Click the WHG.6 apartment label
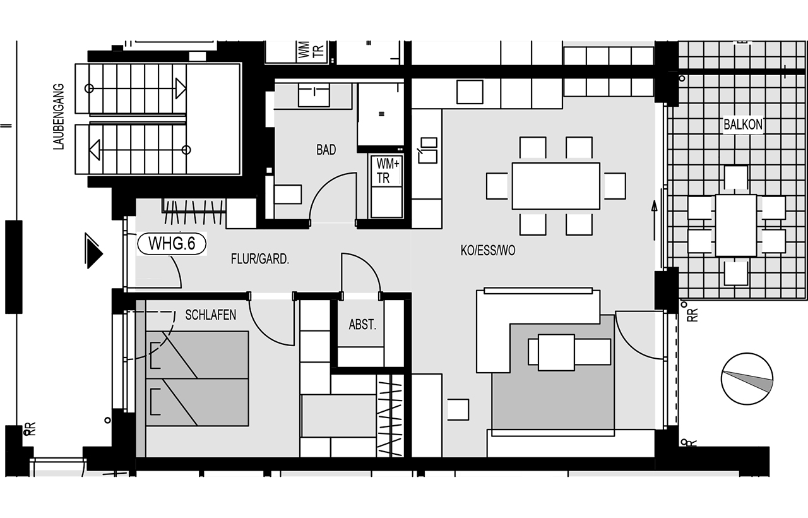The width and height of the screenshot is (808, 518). tap(172, 244)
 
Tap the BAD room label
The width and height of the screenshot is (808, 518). tap(326, 150)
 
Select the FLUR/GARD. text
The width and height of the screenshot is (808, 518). tap(259, 259)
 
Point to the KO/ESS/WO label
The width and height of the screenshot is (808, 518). tap(488, 250)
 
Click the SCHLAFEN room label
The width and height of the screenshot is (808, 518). tap(211, 315)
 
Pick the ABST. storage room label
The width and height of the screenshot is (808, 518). tap(362, 325)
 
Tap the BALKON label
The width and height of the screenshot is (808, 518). tap(743, 124)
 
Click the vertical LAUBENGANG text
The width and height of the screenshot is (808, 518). tap(59, 117)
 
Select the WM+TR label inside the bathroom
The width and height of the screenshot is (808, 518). tap(387, 171)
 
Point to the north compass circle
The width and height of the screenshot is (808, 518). tap(747, 378)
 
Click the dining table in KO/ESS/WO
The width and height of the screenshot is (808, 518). tap(556, 186)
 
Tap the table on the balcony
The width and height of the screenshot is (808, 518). tap(736, 226)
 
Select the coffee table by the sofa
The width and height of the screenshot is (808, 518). tap(556, 352)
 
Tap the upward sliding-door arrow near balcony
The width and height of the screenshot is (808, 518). tap(654, 220)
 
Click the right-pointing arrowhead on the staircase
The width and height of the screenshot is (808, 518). tap(181, 88)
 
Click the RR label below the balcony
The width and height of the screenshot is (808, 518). tap(692, 315)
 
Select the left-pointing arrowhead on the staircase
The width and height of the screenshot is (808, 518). tap(95, 150)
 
